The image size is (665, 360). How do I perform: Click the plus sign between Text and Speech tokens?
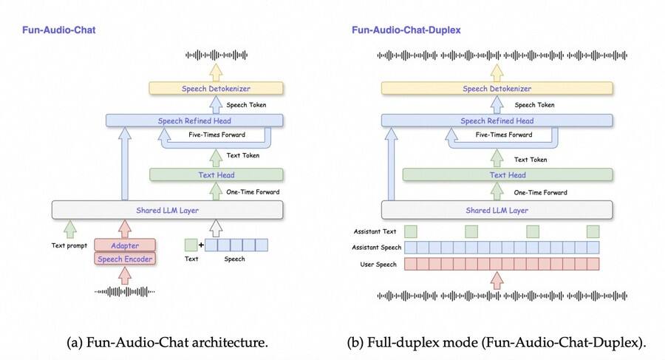pyautogui.click(x=202, y=245)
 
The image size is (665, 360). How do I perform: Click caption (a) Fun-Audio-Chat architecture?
pyautogui.click(x=167, y=343)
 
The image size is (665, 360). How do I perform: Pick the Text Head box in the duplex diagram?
pyautogui.click(x=508, y=175)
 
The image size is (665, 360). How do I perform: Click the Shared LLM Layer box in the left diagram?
pyautogui.click(x=167, y=210)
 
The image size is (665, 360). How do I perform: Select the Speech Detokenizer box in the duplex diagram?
pyautogui.click(x=497, y=89)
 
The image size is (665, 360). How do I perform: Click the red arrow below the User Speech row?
pyautogui.click(x=497, y=279)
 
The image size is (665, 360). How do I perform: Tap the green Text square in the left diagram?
pyautogui.click(x=191, y=245)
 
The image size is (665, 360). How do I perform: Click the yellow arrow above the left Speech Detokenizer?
pyautogui.click(x=216, y=72)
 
